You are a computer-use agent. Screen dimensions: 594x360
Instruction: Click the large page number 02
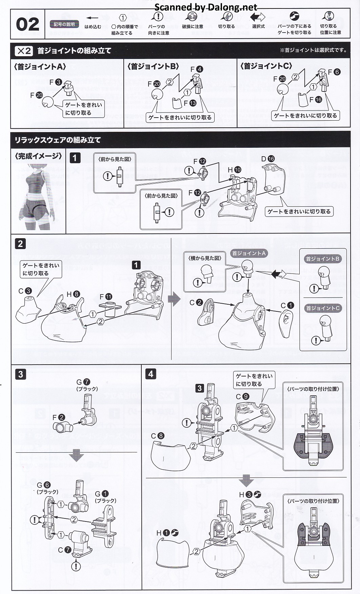click(27, 24)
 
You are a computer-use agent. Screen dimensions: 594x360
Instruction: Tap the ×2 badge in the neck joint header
click(24, 51)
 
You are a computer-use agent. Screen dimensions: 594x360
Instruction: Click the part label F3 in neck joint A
click(55, 82)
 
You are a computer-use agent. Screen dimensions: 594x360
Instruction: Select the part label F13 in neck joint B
click(189, 103)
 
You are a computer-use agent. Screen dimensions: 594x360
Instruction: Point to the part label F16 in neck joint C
click(315, 100)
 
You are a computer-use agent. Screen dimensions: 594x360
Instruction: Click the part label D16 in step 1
click(268, 159)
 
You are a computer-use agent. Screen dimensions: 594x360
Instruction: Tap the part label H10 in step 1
click(234, 170)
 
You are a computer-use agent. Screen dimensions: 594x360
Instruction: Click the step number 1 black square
click(75, 158)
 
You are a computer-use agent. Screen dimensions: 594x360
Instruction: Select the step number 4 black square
click(151, 374)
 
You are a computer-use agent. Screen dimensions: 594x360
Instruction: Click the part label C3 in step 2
click(25, 291)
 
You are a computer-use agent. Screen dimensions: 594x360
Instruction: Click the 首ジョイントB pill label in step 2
click(322, 259)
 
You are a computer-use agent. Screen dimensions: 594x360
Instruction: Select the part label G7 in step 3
click(83, 382)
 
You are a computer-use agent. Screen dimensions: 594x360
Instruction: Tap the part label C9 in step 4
click(242, 396)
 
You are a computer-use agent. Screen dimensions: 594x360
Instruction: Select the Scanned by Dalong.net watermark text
click(205, 7)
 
